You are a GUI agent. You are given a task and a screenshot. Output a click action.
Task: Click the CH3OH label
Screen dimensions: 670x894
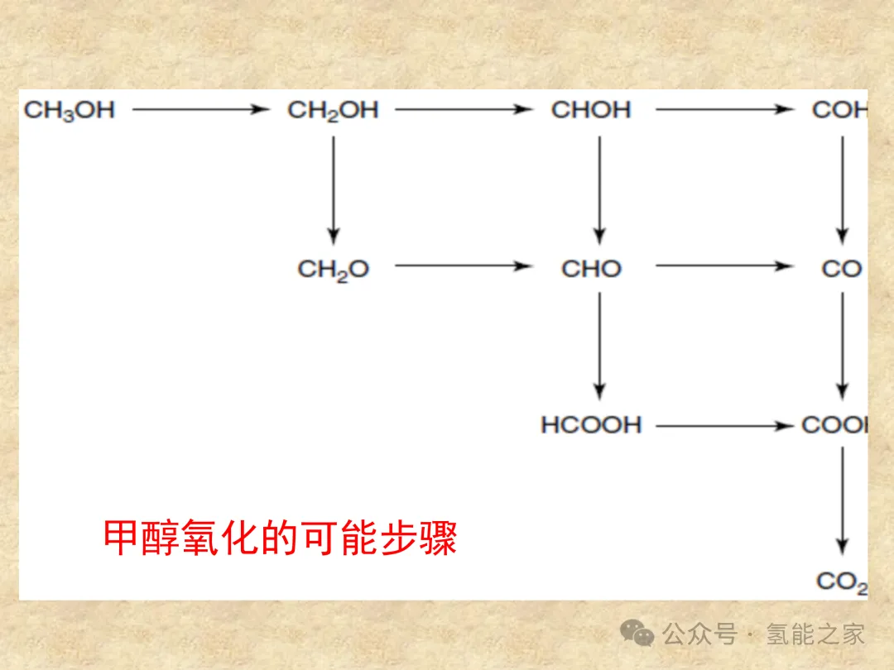[70, 110]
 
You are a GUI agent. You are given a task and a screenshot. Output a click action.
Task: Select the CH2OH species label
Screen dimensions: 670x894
[333, 110]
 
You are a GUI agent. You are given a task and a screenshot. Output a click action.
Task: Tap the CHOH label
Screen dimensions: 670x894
[591, 110]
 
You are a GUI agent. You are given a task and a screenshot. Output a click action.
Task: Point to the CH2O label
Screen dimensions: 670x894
[333, 269]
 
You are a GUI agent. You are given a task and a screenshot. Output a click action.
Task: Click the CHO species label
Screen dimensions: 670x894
[591, 269]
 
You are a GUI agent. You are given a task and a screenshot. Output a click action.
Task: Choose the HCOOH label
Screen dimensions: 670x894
[591, 425]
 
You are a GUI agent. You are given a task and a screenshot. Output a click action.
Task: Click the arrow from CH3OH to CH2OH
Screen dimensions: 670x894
[201, 109]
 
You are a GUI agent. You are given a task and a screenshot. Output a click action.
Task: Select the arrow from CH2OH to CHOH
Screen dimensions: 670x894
[464, 109]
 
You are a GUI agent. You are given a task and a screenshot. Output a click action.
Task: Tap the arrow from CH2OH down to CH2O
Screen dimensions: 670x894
[334, 189]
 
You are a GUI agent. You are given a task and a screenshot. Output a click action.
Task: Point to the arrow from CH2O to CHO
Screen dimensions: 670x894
[464, 266]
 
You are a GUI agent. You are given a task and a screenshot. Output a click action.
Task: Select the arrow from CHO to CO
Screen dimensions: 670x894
[723, 266]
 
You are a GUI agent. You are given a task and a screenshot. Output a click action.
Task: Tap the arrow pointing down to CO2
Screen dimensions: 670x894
[842, 501]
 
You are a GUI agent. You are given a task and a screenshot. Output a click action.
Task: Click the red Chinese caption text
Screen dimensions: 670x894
[280, 538]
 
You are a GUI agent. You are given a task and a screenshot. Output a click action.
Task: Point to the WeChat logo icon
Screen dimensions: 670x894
[637, 634]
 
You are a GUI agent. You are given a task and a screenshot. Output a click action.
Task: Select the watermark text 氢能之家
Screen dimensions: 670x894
[815, 634]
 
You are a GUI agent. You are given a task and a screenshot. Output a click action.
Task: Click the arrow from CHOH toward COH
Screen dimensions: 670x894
[723, 109]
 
